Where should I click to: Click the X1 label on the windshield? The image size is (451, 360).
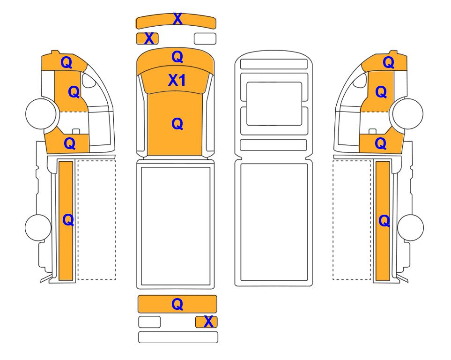click(177, 80)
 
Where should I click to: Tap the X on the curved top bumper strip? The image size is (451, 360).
click(177, 19)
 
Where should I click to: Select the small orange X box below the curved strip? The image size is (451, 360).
click(147, 38)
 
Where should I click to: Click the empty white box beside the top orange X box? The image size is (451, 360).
click(205, 38)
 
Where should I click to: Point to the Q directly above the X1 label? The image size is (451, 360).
click(177, 57)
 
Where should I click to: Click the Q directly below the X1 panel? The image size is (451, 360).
click(177, 124)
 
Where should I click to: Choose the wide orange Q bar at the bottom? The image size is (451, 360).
click(177, 304)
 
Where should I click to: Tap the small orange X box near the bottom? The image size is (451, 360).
click(206, 322)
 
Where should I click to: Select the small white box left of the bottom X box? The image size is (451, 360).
click(149, 322)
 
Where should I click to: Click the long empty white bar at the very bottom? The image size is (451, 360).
click(178, 337)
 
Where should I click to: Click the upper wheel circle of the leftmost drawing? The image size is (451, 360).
click(41, 113)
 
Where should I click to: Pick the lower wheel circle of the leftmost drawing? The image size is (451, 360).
click(38, 227)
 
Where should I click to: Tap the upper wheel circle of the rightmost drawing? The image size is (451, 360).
click(408, 113)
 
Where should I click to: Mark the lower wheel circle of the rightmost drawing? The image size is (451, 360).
click(410, 227)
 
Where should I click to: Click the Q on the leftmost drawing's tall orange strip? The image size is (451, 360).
click(68, 220)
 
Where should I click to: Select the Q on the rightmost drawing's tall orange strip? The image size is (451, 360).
click(384, 221)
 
